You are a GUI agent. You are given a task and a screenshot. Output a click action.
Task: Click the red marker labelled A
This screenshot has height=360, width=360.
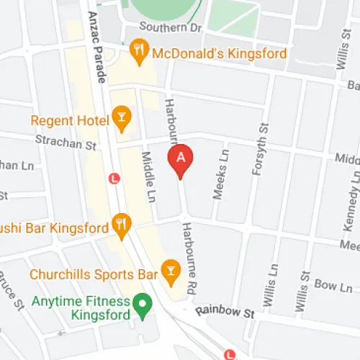(181, 160)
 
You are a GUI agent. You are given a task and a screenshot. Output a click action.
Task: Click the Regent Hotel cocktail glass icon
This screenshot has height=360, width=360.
(122, 117)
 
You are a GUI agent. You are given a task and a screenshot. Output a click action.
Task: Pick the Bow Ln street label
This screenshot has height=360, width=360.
(332, 285)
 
